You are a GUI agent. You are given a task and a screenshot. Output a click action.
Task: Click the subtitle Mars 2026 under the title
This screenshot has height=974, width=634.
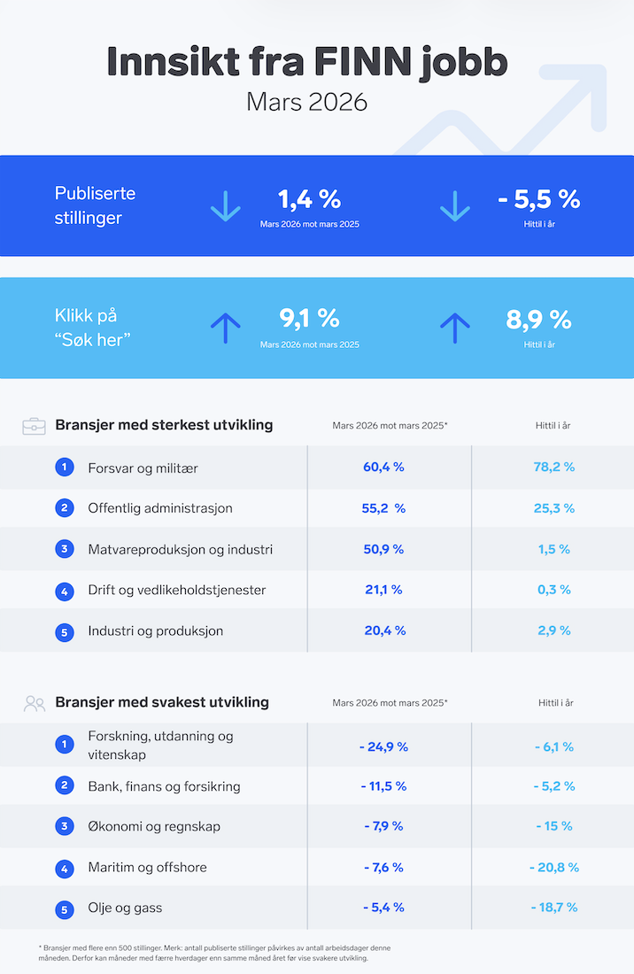click(x=306, y=102)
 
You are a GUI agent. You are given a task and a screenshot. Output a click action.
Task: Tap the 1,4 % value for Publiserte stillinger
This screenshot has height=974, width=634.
click(x=309, y=199)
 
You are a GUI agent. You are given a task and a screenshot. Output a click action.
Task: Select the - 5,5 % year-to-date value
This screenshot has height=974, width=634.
click(x=538, y=199)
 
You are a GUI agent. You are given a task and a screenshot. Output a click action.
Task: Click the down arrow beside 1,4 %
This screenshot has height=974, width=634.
click(x=225, y=206)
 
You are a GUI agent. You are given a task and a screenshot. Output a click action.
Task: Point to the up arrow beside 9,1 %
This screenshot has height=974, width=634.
click(x=225, y=328)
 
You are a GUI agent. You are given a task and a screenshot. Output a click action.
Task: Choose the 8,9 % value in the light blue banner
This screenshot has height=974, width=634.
click(x=538, y=320)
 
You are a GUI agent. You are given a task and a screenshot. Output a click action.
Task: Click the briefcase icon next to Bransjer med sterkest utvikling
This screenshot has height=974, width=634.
click(x=35, y=426)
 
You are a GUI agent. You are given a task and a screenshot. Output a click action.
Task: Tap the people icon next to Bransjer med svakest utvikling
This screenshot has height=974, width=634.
click(x=35, y=703)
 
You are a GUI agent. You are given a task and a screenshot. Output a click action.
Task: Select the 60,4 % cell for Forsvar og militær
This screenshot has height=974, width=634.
click(x=384, y=467)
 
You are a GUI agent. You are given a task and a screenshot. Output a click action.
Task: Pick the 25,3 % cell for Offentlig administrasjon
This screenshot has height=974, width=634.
click(x=554, y=508)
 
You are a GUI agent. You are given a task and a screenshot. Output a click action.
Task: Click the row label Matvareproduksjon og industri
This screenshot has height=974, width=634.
click(x=180, y=549)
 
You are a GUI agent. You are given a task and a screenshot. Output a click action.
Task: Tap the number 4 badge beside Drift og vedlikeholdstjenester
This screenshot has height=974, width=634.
click(x=65, y=591)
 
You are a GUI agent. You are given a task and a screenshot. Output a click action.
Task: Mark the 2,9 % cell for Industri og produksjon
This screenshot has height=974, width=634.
click(x=554, y=630)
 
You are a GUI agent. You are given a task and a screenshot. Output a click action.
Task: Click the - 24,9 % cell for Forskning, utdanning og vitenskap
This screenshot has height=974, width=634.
click(x=383, y=746)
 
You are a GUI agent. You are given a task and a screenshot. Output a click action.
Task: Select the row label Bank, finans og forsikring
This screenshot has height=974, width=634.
click(x=164, y=786)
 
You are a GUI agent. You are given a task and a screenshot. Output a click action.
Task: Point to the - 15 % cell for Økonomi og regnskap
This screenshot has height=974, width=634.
click(x=554, y=826)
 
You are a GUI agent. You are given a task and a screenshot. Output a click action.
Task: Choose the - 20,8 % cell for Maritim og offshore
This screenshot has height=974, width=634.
click(x=554, y=867)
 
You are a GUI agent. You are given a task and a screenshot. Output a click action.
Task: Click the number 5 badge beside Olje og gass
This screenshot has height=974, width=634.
click(x=65, y=908)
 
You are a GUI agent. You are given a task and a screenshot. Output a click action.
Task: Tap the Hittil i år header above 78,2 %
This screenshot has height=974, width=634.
click(x=554, y=426)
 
